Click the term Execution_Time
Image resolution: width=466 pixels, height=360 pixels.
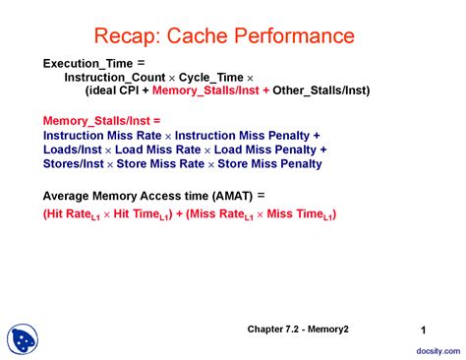coord(86,63)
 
